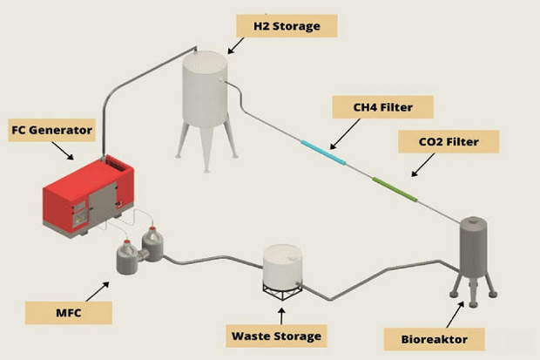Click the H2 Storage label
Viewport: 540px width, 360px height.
click(x=286, y=25)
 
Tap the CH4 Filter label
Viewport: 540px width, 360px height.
click(x=382, y=108)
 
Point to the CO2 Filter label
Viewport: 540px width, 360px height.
click(x=448, y=140)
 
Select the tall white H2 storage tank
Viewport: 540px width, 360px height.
click(x=204, y=92)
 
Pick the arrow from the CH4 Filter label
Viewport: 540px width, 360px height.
click(x=344, y=132)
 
